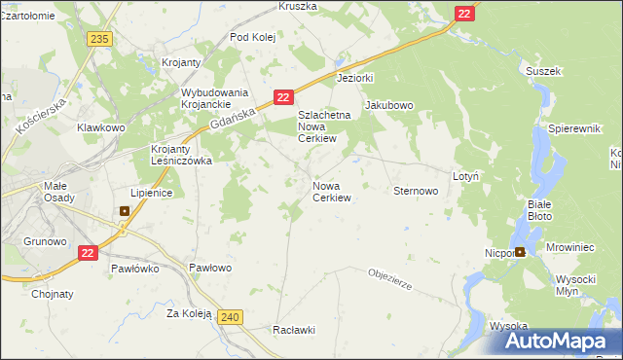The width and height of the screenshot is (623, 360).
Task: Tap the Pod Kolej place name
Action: (x=253, y=37)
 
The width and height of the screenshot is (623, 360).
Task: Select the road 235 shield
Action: (x=98, y=38)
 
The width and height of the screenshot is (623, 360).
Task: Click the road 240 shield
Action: (x=230, y=317)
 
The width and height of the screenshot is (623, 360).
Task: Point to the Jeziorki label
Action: (x=355, y=77)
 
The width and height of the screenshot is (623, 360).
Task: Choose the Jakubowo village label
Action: (x=389, y=105)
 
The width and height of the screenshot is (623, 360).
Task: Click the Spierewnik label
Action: (x=578, y=128)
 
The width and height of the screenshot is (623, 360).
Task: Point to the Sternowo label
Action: (x=416, y=192)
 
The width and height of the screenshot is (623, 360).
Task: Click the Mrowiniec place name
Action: (x=570, y=248)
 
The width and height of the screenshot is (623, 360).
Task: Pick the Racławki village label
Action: (x=295, y=330)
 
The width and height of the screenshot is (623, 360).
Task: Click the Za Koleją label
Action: (x=189, y=313)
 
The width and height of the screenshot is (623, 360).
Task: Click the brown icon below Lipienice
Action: (x=125, y=210)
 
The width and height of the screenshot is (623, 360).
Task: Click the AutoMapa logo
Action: (x=556, y=342)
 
